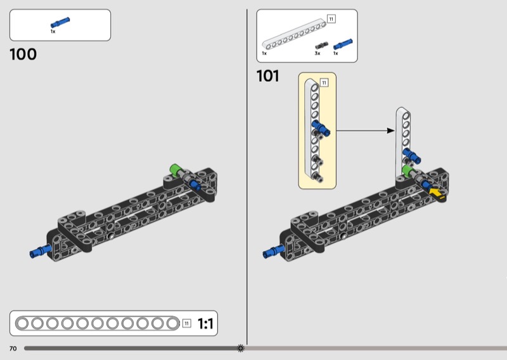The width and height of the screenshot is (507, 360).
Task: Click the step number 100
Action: tap(23, 55)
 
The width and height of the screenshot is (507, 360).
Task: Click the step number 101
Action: tap(267, 77)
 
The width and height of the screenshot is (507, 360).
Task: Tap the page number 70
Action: tap(13, 349)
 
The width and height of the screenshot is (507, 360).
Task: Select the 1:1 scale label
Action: tap(206, 324)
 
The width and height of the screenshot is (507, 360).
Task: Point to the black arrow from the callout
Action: tap(364, 131)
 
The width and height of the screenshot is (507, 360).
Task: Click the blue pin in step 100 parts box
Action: tap(60, 23)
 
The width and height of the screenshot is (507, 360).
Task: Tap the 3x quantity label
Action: tap(318, 54)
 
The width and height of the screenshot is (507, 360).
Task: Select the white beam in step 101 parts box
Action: tap(294, 35)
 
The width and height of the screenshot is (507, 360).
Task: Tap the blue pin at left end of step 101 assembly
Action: tap(273, 252)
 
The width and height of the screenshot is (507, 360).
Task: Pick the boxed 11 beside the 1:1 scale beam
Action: tap(186, 324)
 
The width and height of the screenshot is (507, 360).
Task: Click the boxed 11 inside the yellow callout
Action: tap(324, 82)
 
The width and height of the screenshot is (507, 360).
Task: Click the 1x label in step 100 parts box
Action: tap(53, 31)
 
